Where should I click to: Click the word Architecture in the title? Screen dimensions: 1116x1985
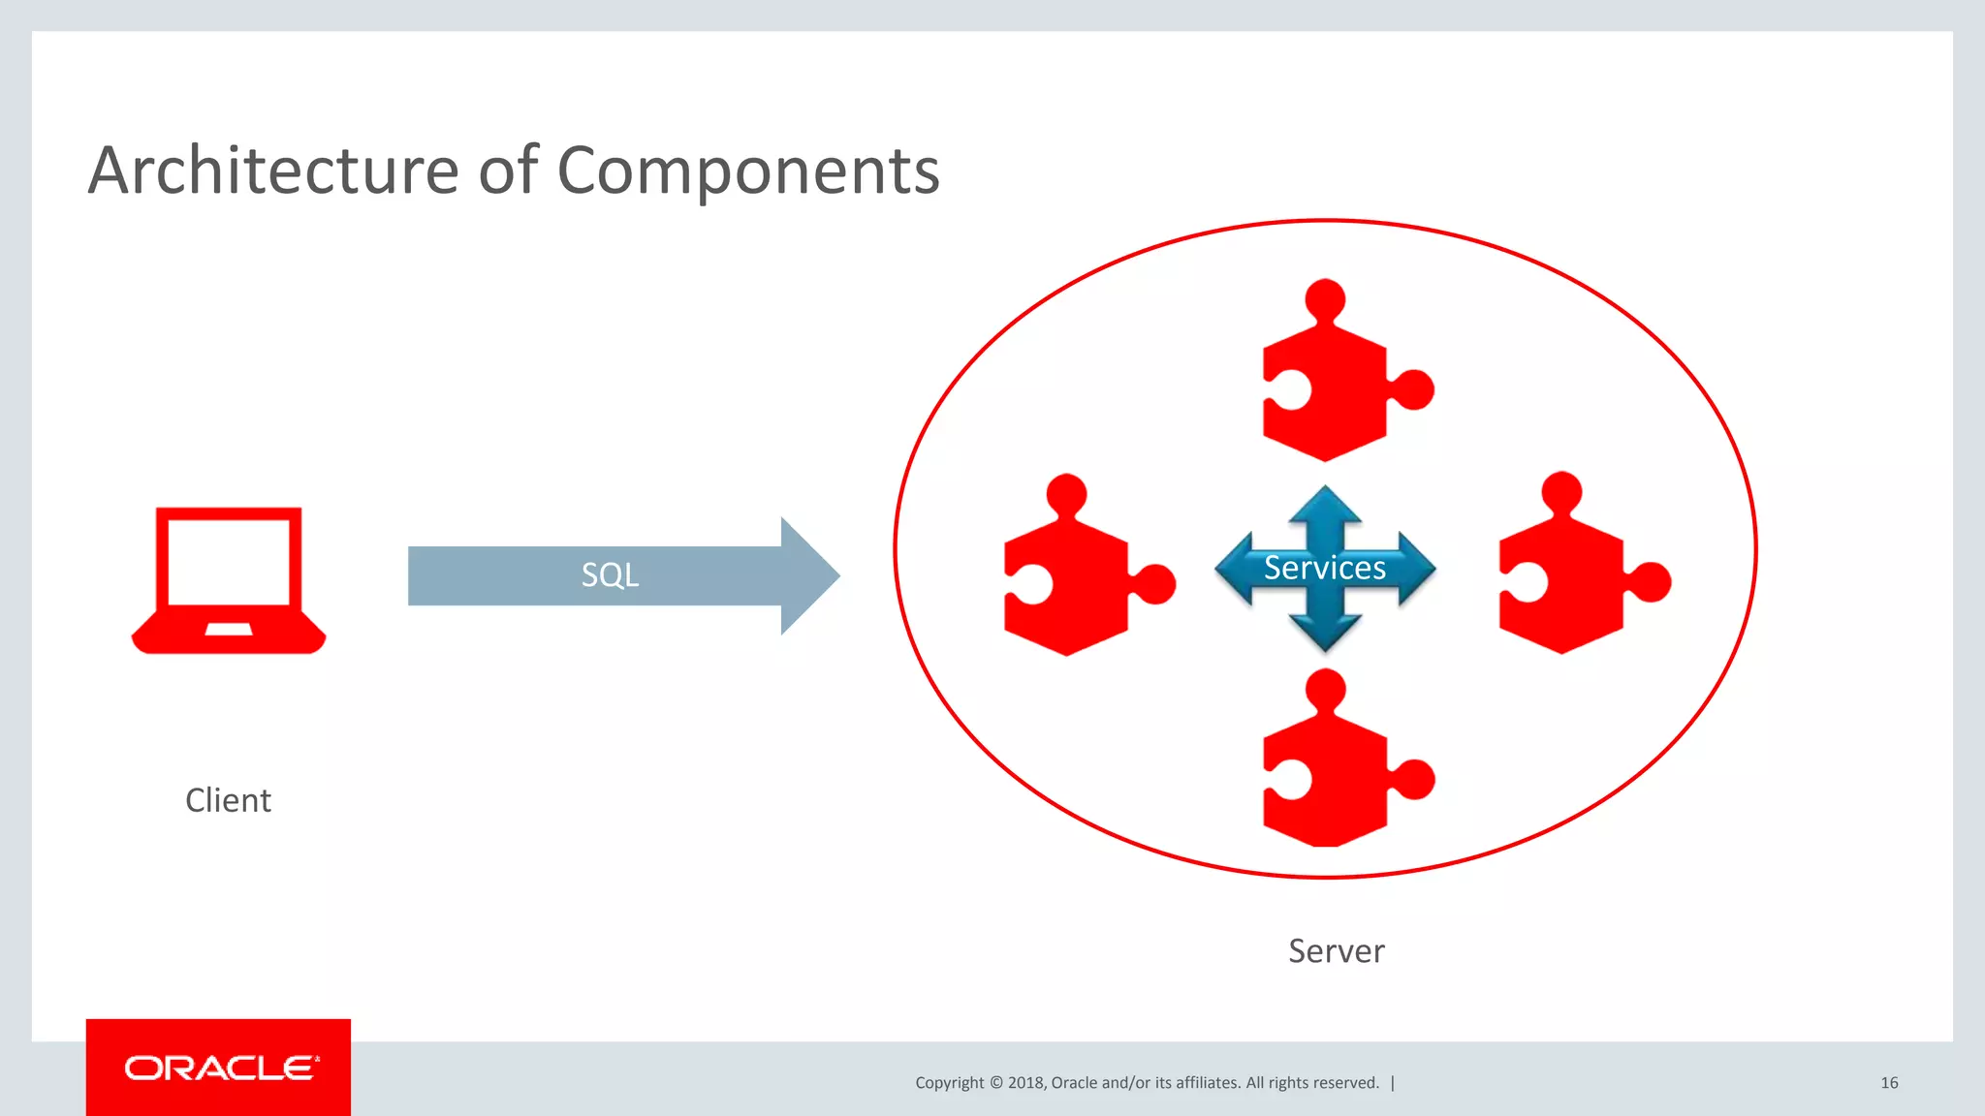pyautogui.click(x=272, y=170)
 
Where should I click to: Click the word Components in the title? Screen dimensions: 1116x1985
pyautogui.click(x=747, y=170)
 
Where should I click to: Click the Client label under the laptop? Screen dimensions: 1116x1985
pyautogui.click(x=228, y=800)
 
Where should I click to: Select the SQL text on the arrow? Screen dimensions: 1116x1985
pyautogui.click(x=610, y=574)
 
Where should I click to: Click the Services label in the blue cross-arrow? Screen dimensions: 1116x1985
pyautogui.click(x=1324, y=568)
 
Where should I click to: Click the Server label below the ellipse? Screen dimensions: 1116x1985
pyautogui.click(x=1336, y=951)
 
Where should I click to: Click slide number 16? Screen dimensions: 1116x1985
pyautogui.click(x=1889, y=1082)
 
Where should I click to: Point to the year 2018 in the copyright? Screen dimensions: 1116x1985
pyautogui.click(x=1025, y=1083)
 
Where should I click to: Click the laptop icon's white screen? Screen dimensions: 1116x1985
pyautogui.click(x=229, y=562)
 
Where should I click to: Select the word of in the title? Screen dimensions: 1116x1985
pyautogui.click(x=508, y=170)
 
